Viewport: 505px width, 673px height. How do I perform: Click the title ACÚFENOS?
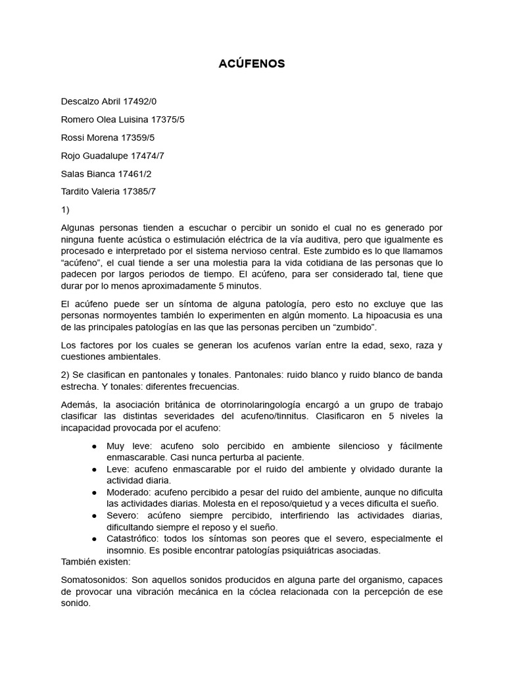pyautogui.click(x=252, y=64)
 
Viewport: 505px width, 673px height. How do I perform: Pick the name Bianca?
pyautogui.click(x=101, y=174)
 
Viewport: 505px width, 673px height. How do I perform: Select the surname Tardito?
pyautogui.click(x=78, y=191)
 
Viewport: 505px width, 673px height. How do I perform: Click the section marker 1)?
pyautogui.click(x=64, y=210)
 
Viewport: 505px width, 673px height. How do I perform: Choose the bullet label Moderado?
pyautogui.click(x=130, y=492)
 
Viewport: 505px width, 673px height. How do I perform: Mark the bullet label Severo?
pyautogui.click(x=123, y=515)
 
